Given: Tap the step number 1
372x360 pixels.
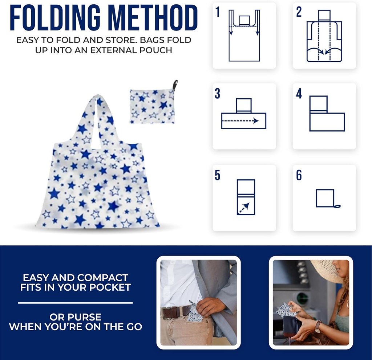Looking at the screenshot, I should [218, 12].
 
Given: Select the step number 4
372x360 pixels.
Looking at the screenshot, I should [299, 93].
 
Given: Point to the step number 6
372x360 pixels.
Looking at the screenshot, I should [299, 175].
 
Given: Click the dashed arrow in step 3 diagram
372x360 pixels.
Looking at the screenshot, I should [240, 121].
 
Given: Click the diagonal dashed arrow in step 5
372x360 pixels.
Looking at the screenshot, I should [244, 208].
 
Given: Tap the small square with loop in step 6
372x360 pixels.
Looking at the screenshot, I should [325, 198].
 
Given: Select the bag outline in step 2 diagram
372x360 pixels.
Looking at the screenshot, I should [324, 42].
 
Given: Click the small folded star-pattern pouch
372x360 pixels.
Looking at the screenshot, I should [152, 106].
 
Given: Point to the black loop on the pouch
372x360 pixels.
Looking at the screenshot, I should [175, 85].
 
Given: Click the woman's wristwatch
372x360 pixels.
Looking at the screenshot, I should [318, 326].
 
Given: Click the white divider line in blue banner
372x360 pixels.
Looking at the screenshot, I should [75, 303].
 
